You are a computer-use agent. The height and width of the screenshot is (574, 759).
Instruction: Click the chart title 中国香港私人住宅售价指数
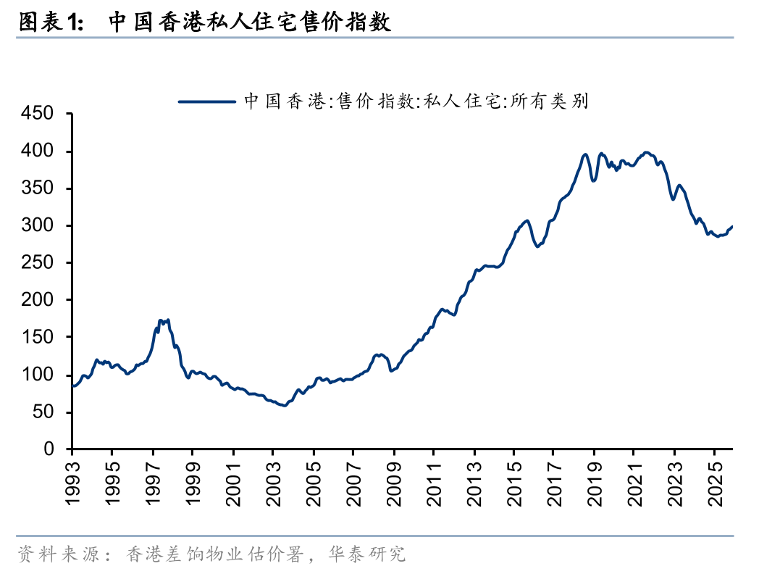tap(250, 22)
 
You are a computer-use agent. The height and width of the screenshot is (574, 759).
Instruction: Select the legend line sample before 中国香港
tap(207, 101)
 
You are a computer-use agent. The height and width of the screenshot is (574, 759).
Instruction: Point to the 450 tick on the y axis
tap(38, 114)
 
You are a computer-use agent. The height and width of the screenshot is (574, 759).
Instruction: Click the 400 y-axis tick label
tap(38, 151)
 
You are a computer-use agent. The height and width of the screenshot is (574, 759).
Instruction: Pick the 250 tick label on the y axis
tap(38, 263)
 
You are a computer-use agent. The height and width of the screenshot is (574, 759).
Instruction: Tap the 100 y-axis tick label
tap(38, 375)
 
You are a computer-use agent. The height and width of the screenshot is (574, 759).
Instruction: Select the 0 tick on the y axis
tap(49, 449)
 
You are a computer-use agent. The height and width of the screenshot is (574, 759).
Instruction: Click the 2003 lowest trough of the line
tap(284, 405)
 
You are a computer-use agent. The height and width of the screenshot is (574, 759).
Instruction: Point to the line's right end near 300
tap(732, 227)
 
